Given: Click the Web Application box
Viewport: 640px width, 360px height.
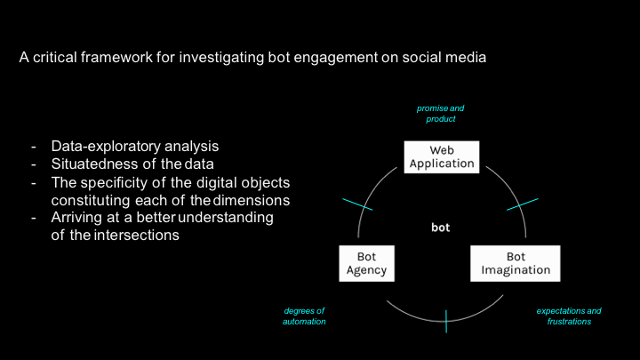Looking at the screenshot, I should tap(442, 156).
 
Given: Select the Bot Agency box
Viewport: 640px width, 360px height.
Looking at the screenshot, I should tap(364, 263).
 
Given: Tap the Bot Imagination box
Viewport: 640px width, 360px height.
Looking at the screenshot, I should tap(516, 263).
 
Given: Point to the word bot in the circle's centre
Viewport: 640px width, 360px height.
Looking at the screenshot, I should tap(440, 228).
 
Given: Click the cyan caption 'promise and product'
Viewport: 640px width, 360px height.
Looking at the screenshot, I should tap(440, 113).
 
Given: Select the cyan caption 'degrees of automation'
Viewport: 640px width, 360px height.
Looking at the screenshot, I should tap(305, 316).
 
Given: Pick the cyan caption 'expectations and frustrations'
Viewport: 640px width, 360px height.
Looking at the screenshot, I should tap(569, 316).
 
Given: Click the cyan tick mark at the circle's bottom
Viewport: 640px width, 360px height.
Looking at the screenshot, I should tap(446, 321).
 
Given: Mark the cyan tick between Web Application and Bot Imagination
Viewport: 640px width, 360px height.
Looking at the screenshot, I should tap(523, 204).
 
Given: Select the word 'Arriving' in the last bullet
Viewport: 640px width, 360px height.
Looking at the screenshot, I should tap(77, 219).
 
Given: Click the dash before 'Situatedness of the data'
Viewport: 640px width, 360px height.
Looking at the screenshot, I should tap(34, 164).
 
